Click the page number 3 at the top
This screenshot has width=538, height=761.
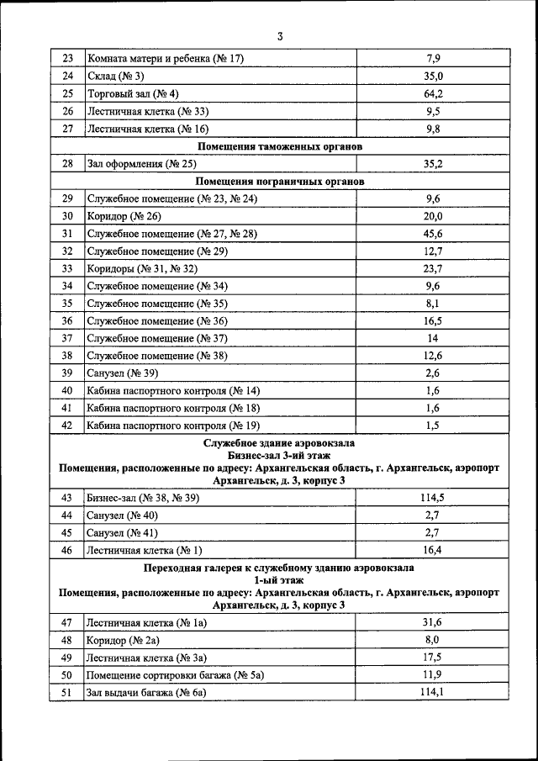(280, 36)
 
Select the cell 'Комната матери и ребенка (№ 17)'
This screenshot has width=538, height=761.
(166, 59)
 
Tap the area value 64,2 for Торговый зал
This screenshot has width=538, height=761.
(433, 93)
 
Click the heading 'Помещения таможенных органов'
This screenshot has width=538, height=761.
(280, 146)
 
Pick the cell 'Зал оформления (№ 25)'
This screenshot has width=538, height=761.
(141, 164)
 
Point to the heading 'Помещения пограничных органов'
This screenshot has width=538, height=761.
(280, 181)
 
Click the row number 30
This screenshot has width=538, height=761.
(67, 216)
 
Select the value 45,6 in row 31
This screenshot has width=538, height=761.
(433, 233)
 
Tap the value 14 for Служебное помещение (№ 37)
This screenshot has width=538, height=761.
(433, 338)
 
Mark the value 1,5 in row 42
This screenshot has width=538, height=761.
(433, 425)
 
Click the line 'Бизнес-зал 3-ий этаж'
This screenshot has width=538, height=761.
(280, 455)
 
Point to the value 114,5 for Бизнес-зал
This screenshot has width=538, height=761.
(433, 498)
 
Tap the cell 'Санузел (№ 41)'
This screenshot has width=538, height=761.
(122, 533)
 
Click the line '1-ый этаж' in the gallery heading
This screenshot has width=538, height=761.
(280, 580)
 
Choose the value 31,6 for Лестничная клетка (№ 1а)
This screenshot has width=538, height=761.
(433, 622)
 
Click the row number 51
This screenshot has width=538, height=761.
(67, 692)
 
